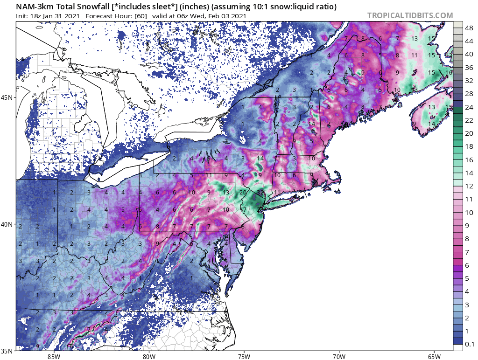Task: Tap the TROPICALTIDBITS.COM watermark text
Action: [x=410, y=15]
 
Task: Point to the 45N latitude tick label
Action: [x=7, y=97]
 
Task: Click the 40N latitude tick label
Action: [x=7, y=224]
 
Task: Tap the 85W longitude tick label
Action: [x=54, y=357]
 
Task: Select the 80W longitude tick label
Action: [x=149, y=357]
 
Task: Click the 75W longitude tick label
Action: [x=244, y=357]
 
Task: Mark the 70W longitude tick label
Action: [x=339, y=357]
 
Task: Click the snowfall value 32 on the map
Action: [x=261, y=193]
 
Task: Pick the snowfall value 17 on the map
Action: [x=244, y=209]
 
